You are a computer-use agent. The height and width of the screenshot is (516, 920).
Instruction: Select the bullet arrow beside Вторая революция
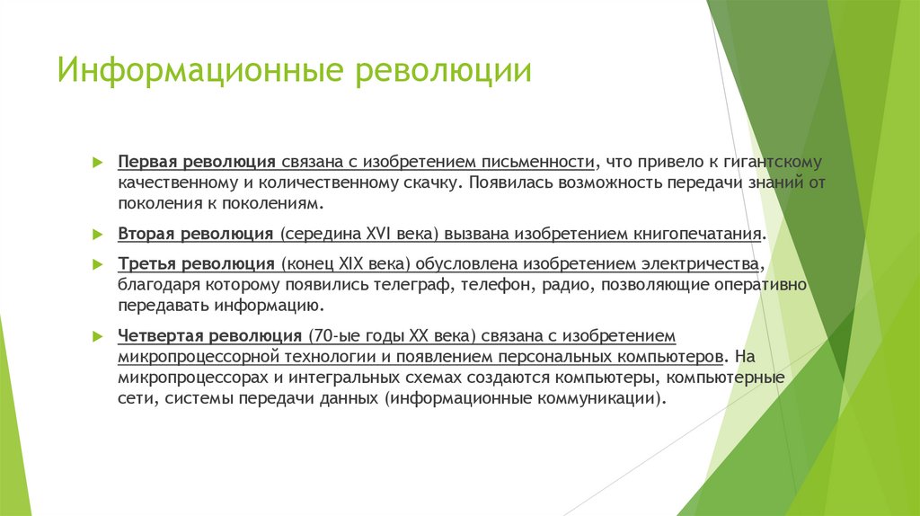tap(99, 233)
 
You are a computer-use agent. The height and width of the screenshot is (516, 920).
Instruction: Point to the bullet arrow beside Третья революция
tap(99, 265)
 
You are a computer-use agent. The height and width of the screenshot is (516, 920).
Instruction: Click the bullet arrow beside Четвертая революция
tap(99, 336)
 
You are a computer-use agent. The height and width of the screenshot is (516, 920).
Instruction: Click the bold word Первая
tap(147, 163)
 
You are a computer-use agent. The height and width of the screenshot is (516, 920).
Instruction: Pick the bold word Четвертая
tap(162, 336)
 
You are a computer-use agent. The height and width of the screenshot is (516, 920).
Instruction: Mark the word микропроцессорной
tap(189, 356)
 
